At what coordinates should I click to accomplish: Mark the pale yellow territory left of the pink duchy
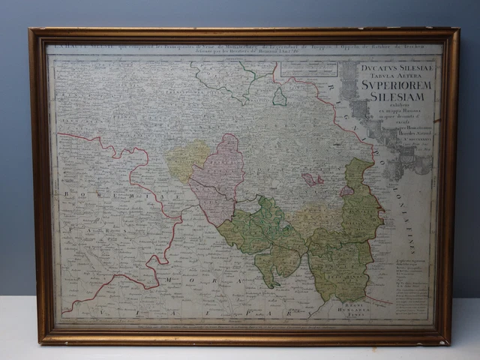click(x=187, y=160)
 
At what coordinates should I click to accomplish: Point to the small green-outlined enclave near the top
click(x=279, y=97)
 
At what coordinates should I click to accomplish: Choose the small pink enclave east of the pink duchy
click(x=313, y=179)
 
